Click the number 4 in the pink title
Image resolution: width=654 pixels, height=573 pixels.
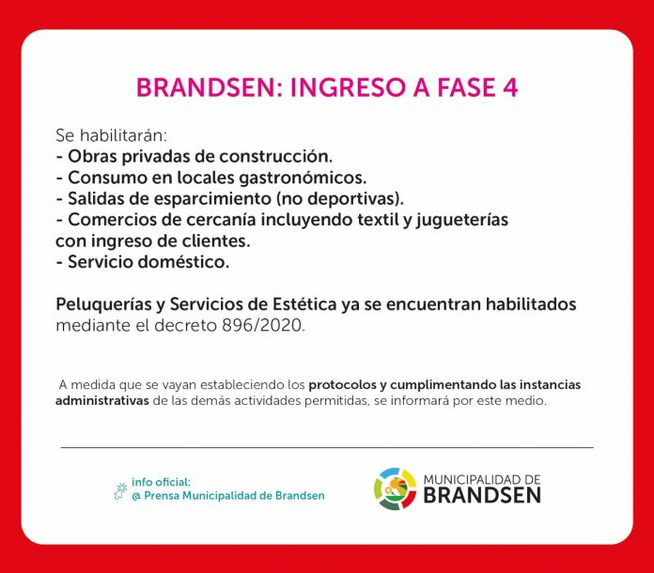coord(508,87)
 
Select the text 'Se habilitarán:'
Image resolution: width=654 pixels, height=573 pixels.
coord(111,135)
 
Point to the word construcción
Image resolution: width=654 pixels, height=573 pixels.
coord(275,156)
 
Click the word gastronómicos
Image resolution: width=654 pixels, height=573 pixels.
coord(303,178)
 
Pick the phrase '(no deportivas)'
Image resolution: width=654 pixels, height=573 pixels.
coord(338,199)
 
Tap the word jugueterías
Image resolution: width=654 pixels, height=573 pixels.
coord(461,221)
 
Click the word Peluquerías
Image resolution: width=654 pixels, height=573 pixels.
coord(104,305)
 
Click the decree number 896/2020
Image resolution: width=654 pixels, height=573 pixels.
coord(264,326)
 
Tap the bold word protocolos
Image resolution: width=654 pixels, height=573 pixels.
coord(342,385)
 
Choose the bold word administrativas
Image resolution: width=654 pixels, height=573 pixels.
coord(102,401)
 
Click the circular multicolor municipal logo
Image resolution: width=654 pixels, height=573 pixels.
coord(395,488)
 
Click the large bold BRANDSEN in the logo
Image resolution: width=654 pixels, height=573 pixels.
coord(482,495)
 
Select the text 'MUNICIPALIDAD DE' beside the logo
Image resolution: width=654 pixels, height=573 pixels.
coord(482,480)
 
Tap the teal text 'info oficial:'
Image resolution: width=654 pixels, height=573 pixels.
coord(161,482)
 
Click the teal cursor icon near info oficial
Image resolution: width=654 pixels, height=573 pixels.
coord(120,491)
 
